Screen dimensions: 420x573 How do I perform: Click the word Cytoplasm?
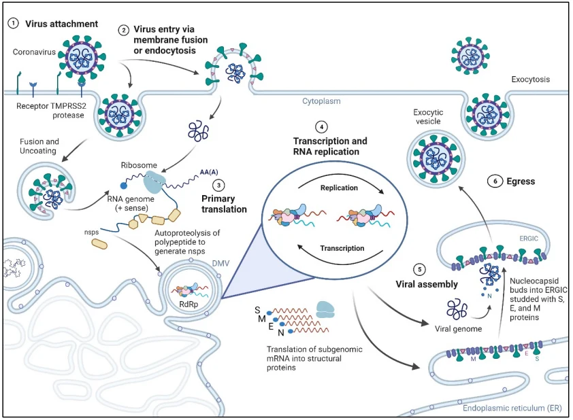pos(321,101)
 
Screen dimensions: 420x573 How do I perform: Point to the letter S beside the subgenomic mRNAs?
pos(257,310)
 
